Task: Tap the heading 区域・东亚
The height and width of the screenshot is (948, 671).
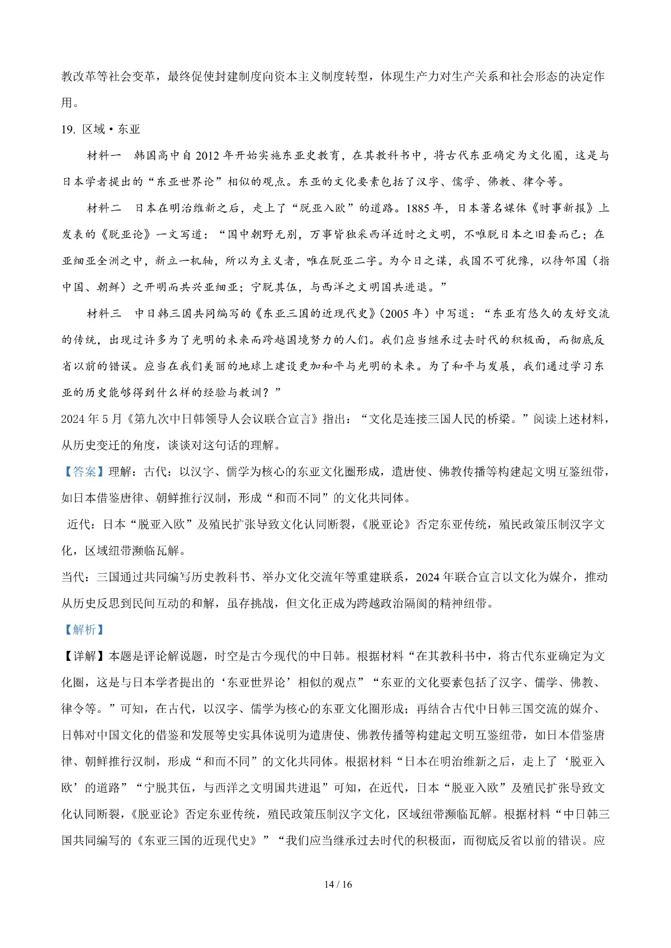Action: point(111,129)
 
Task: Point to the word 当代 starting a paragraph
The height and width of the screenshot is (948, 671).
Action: point(73,577)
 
